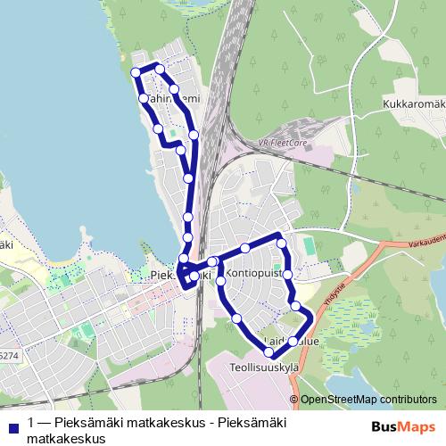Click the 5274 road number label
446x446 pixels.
7,356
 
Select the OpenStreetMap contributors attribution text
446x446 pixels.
368,400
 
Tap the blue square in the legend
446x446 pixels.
11,424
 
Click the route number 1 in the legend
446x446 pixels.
32,423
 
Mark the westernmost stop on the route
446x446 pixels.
136,72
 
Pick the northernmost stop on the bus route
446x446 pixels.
160,69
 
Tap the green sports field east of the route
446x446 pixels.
308,244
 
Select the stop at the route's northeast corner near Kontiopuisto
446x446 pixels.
281,242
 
